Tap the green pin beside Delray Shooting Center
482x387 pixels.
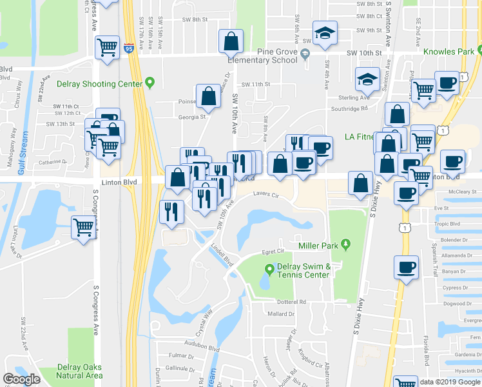(150, 83)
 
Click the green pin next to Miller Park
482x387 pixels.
(346, 244)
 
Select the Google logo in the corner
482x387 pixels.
(22, 379)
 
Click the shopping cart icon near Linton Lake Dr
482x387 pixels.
(84, 227)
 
